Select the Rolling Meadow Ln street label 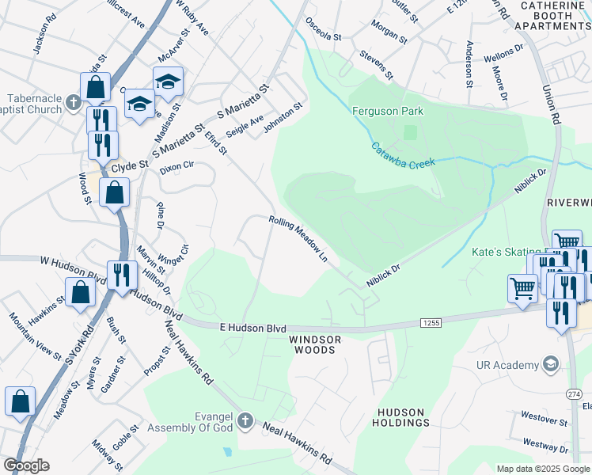coord(298,240)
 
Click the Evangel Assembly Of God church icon coord(245,421)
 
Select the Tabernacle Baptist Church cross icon coord(74,102)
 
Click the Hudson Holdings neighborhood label coord(400,418)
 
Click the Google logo coord(26,465)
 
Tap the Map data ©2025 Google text coord(542,469)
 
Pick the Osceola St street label coord(323,36)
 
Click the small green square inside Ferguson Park coord(409,132)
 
